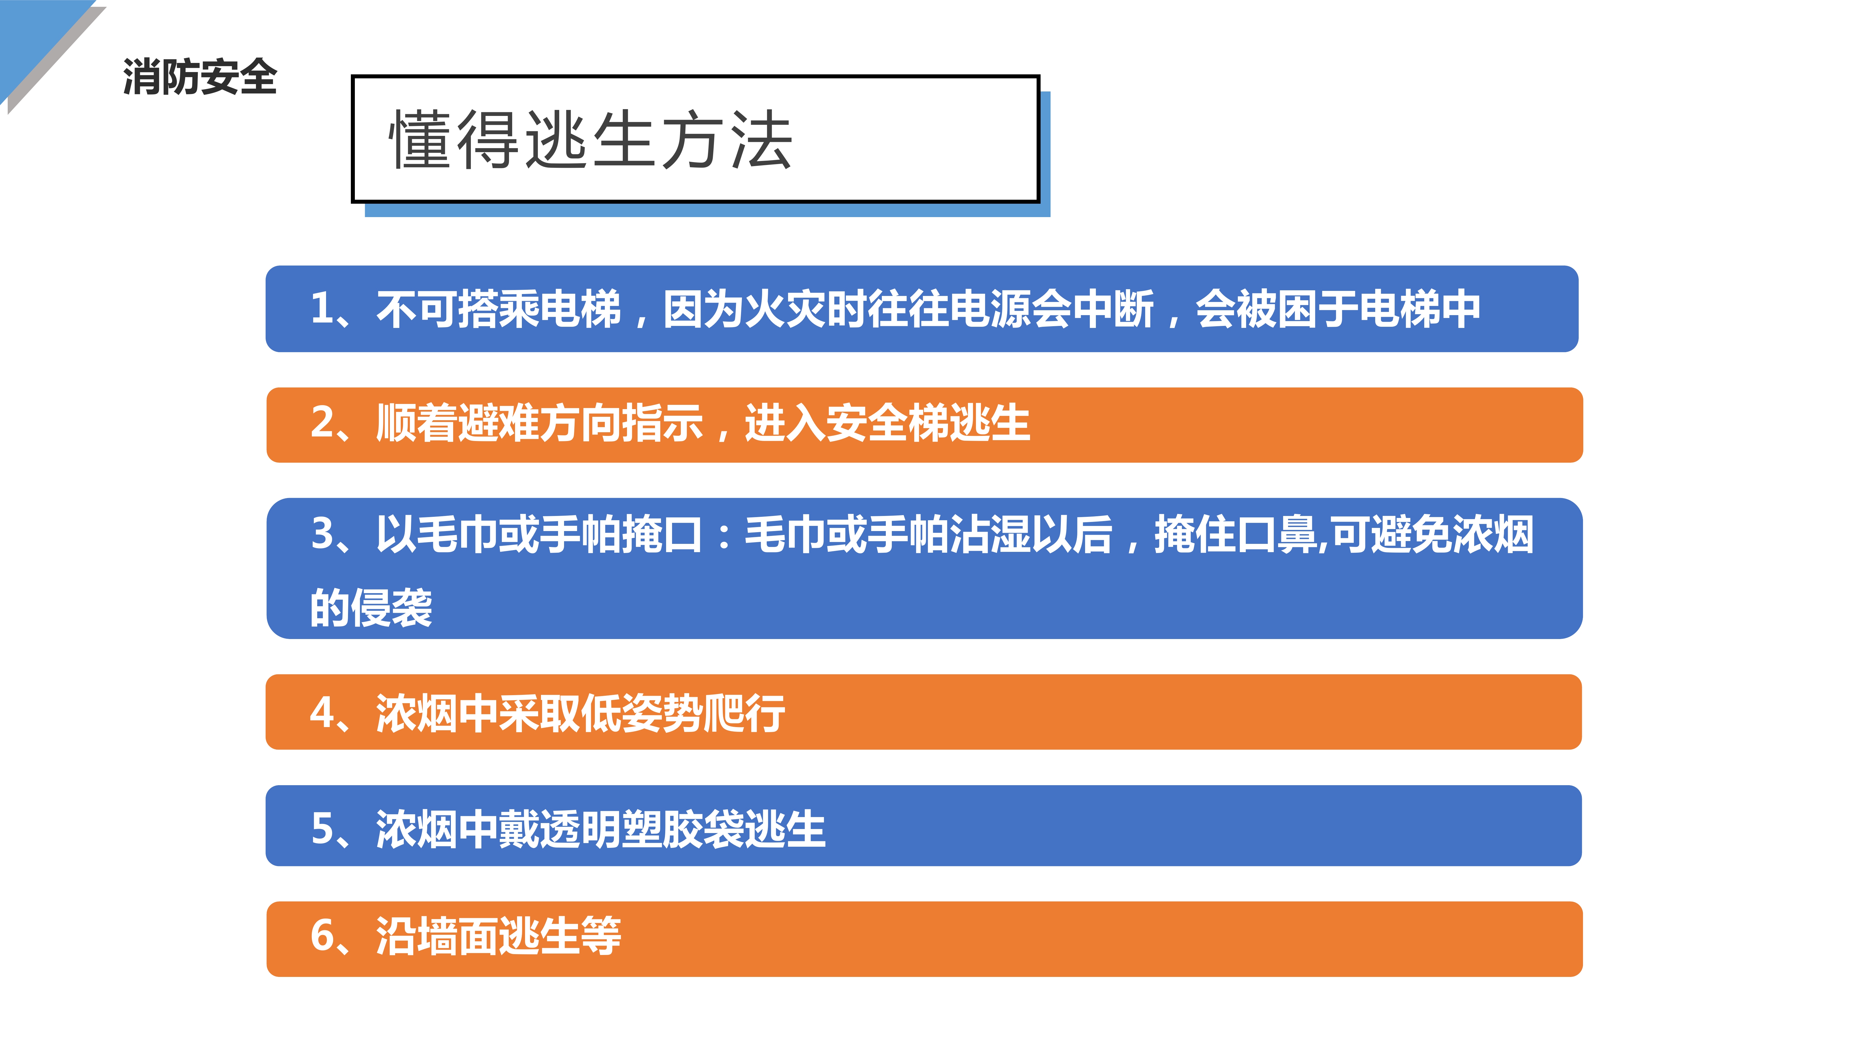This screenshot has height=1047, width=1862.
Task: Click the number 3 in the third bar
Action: pos(322,535)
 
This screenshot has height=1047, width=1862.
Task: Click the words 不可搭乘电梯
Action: pos(499,309)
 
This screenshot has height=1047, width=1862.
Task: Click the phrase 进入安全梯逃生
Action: pos(888,423)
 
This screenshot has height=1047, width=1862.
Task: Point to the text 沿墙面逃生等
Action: pos(499,936)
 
